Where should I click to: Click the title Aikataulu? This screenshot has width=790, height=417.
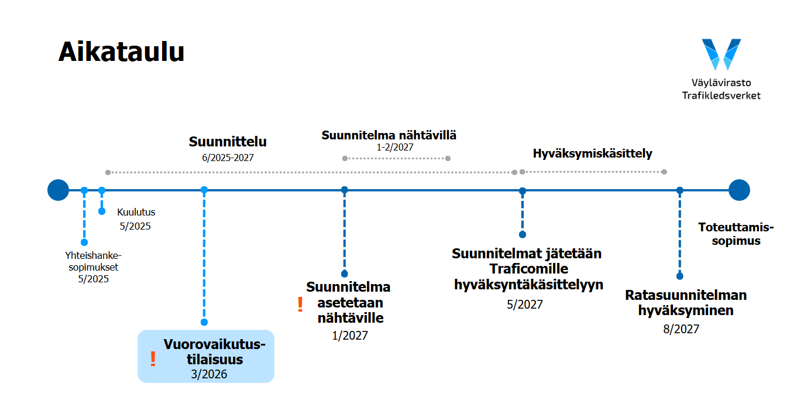tap(121, 52)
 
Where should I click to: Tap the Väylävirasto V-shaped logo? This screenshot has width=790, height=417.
tap(721, 54)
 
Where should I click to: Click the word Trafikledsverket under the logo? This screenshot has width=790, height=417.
tap(721, 95)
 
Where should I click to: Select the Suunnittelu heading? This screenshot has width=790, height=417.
tap(228, 142)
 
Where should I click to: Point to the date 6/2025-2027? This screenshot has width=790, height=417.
tap(228, 158)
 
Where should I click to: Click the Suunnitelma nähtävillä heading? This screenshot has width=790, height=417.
tap(389, 135)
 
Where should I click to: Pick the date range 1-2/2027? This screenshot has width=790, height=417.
tap(395, 147)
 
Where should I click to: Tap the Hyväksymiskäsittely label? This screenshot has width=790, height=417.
tap(592, 153)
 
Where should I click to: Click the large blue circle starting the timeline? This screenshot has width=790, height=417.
tap(58, 190)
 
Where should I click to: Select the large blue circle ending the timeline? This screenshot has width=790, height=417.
tap(739, 190)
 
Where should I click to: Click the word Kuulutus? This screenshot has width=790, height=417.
tap(136, 212)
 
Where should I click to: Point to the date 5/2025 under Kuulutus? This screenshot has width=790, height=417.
tap(135, 226)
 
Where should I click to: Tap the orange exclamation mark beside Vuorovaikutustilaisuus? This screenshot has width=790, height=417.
tap(153, 359)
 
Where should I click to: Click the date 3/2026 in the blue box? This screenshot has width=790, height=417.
tap(209, 374)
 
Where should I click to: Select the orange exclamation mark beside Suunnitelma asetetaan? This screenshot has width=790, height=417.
tap(300, 304)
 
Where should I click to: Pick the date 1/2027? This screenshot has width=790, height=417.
tap(350, 335)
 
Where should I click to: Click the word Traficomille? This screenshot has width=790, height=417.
tap(528, 269)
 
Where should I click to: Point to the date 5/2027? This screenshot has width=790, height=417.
tap(525, 305)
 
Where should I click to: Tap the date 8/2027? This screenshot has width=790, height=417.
tap(681, 329)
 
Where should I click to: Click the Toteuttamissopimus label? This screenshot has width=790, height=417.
tap(736, 234)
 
